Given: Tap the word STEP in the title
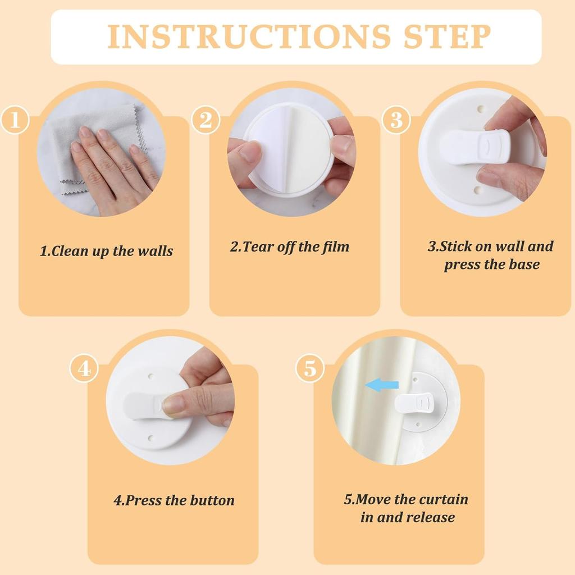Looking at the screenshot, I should coord(444,36).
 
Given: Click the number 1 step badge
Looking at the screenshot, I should coord(15,120).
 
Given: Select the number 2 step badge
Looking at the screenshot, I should coord(205,120).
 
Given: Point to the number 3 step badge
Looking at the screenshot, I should coord(396,120).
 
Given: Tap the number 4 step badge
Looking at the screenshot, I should coord(84,368).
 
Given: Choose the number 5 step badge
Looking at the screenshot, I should coord(310,368).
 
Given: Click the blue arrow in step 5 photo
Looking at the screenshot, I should coord(382,385).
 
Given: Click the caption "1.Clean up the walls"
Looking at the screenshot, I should coord(106,251).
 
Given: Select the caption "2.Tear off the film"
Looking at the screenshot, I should coord(290,247).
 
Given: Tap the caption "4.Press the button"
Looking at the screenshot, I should coord(174,500).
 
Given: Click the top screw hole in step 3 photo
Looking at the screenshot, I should coord(481,106).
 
